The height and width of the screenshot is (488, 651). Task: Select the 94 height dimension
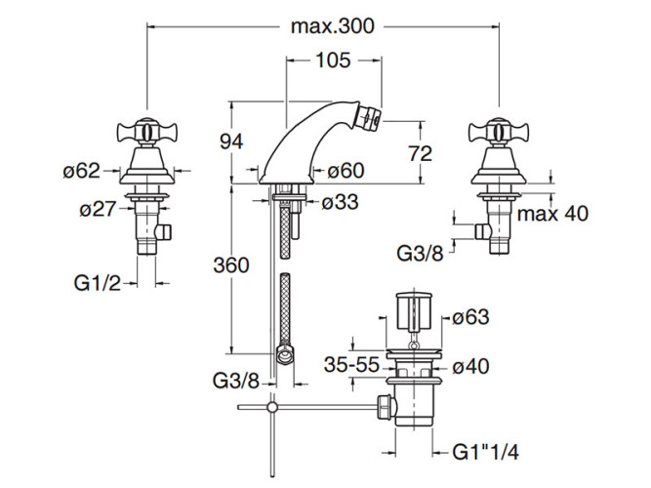pyautogui.click(x=229, y=142)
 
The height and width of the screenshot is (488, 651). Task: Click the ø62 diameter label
pyautogui.click(x=80, y=172)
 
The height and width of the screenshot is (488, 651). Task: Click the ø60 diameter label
pyautogui.click(x=346, y=172)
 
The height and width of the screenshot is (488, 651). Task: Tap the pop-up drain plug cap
pyautogui.click(x=413, y=310)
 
